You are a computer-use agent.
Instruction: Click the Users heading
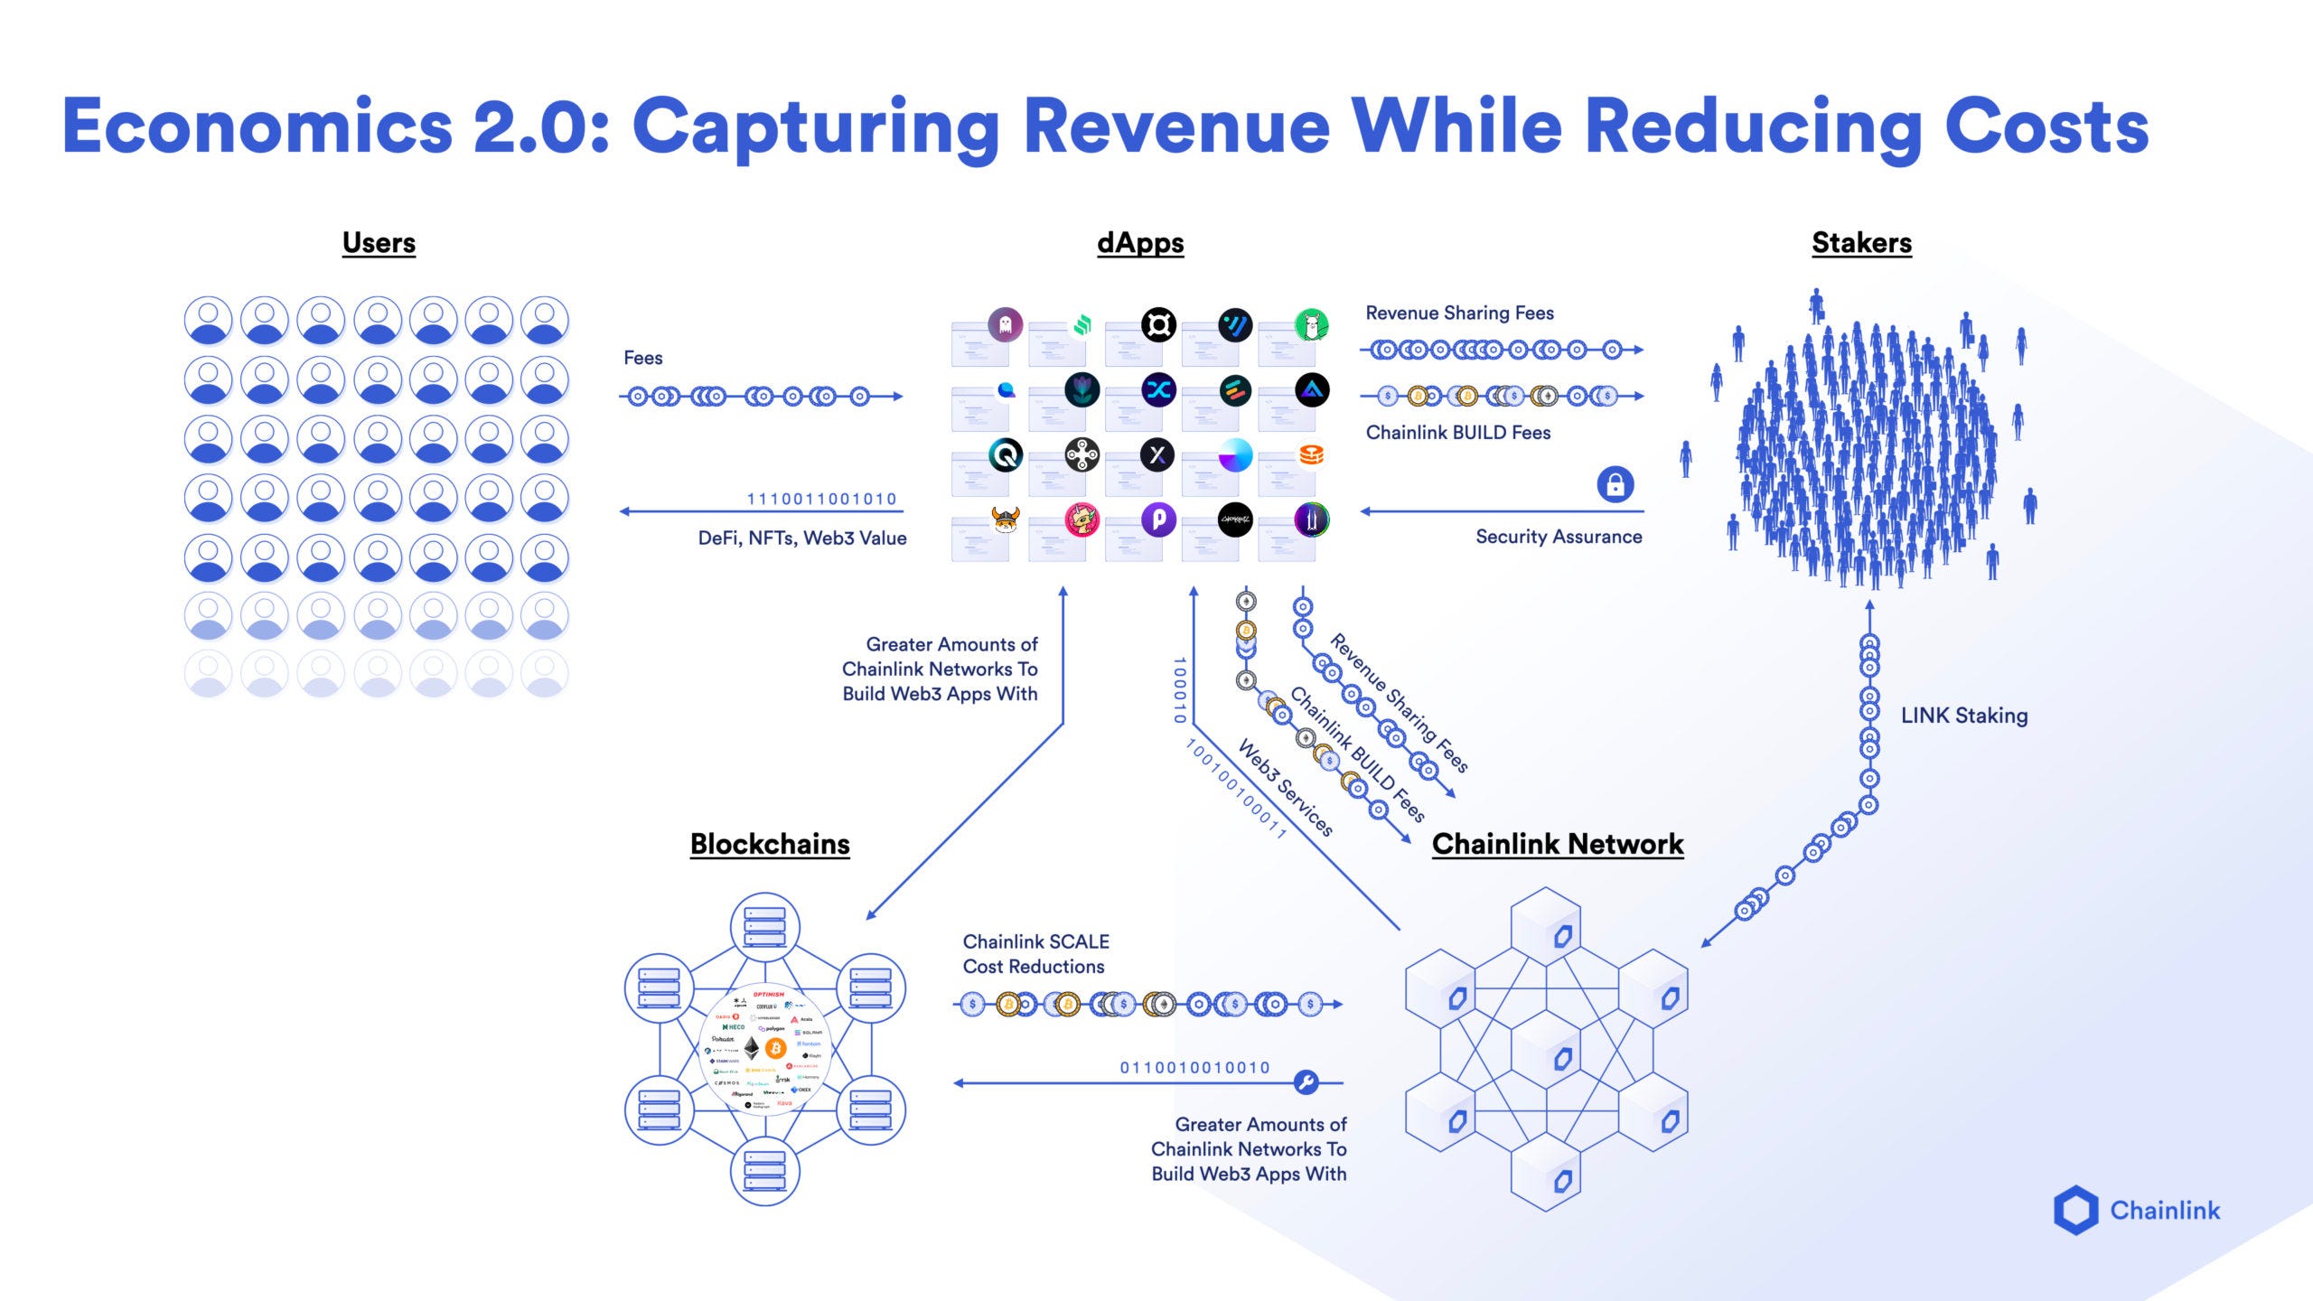(379, 242)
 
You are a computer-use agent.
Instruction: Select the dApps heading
(1140, 242)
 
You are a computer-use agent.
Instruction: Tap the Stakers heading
(1861, 242)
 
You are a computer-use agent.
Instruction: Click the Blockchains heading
(770, 843)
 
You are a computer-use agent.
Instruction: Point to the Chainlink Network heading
(1558, 843)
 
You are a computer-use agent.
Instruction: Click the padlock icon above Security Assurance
(1615, 484)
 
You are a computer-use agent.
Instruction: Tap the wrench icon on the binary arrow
(1306, 1081)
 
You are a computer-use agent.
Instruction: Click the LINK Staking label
(1964, 716)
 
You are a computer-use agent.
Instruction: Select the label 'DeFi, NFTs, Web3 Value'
(801, 538)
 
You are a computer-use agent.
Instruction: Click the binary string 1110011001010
(821, 499)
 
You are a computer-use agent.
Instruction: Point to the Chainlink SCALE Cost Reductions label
(1035, 954)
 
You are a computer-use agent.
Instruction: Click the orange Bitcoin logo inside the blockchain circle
(775, 1047)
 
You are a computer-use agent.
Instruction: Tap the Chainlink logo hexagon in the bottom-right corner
(2075, 1210)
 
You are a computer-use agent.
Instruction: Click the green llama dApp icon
(1311, 324)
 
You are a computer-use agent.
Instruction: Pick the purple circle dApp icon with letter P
(1158, 519)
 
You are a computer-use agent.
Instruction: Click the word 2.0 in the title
(529, 126)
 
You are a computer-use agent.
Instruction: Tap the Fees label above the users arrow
(642, 358)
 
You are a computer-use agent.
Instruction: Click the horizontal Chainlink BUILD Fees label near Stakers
(1457, 433)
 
